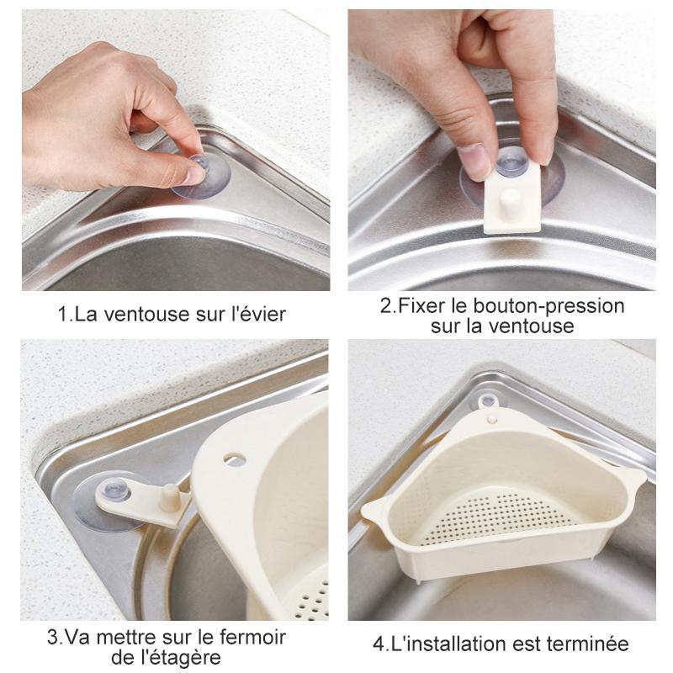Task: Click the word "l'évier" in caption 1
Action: coord(257,315)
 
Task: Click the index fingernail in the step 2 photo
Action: coord(476,160)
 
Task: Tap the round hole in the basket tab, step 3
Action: coord(236,459)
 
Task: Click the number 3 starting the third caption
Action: coord(52,637)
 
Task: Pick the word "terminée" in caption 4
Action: coord(590,644)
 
